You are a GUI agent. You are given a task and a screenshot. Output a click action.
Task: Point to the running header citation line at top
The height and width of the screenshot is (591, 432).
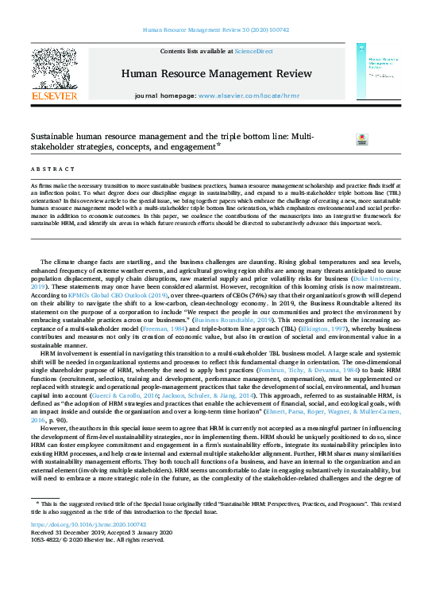216,29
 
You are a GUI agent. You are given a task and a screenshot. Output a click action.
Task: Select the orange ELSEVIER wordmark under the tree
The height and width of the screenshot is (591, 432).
53,95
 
